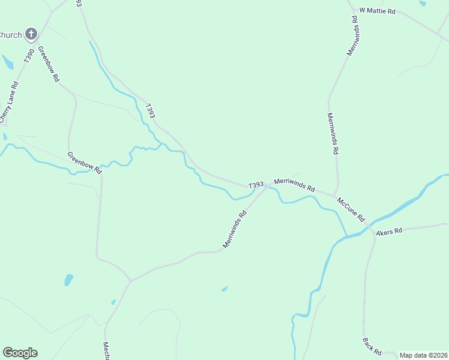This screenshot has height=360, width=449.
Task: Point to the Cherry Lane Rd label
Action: click(10, 103)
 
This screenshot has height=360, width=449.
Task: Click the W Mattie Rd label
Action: click(377, 11)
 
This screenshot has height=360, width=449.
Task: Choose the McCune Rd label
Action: click(351, 209)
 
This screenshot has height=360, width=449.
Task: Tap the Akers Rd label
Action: click(389, 231)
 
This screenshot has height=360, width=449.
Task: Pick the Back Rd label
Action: click(372, 346)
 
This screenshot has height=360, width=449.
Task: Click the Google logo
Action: click(20, 353)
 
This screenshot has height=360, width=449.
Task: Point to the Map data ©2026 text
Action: click(423, 355)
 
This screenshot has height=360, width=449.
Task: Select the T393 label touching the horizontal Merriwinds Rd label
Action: click(256, 185)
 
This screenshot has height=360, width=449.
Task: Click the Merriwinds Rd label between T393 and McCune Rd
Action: click(294, 184)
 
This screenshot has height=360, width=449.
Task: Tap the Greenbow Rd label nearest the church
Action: click(49, 64)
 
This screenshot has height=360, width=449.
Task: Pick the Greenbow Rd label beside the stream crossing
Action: click(85, 163)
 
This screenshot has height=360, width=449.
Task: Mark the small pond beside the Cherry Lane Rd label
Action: click(8, 62)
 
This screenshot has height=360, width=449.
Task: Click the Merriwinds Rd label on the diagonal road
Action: click(235, 229)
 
